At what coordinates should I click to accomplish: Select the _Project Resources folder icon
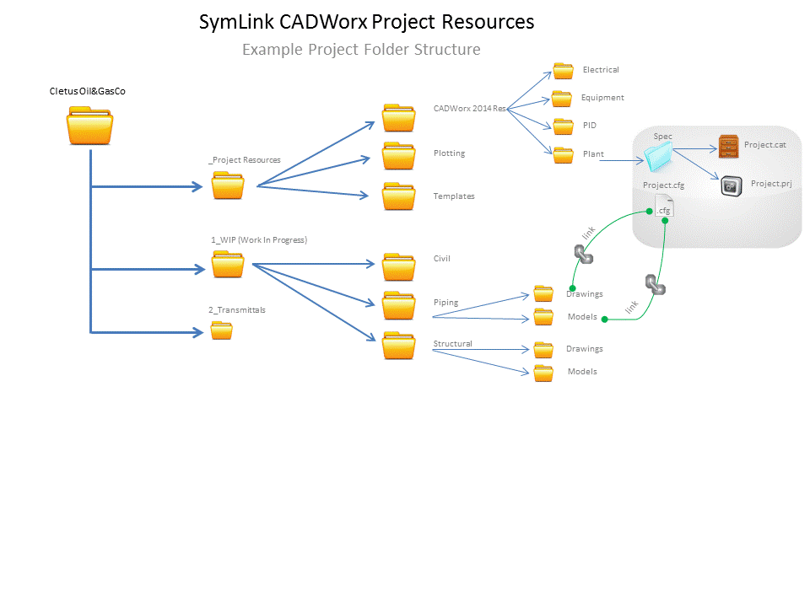pyautogui.click(x=228, y=185)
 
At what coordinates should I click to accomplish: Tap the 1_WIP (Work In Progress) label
pyautogui.click(x=258, y=240)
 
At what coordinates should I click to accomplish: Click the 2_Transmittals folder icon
pyautogui.click(x=221, y=330)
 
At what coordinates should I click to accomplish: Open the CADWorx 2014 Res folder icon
pyautogui.click(x=398, y=118)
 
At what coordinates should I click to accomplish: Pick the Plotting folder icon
pyautogui.click(x=398, y=156)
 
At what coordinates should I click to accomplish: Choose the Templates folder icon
pyautogui.click(x=398, y=196)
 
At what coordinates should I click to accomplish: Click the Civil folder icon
pyautogui.click(x=398, y=266)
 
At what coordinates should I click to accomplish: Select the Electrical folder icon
pyautogui.click(x=563, y=70)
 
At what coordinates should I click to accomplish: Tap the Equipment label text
pyautogui.click(x=602, y=98)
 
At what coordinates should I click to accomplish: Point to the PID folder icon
pyautogui.click(x=563, y=126)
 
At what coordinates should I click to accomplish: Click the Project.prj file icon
pyautogui.click(x=732, y=185)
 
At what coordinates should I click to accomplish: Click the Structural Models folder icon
pyautogui.click(x=543, y=373)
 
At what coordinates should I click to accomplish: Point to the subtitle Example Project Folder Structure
pyautogui.click(x=361, y=50)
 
